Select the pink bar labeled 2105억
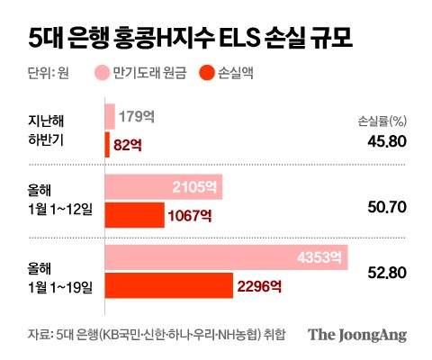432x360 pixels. [x=164, y=187]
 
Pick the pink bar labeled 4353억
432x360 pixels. [x=226, y=259]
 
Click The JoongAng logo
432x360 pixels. [x=357, y=335]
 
